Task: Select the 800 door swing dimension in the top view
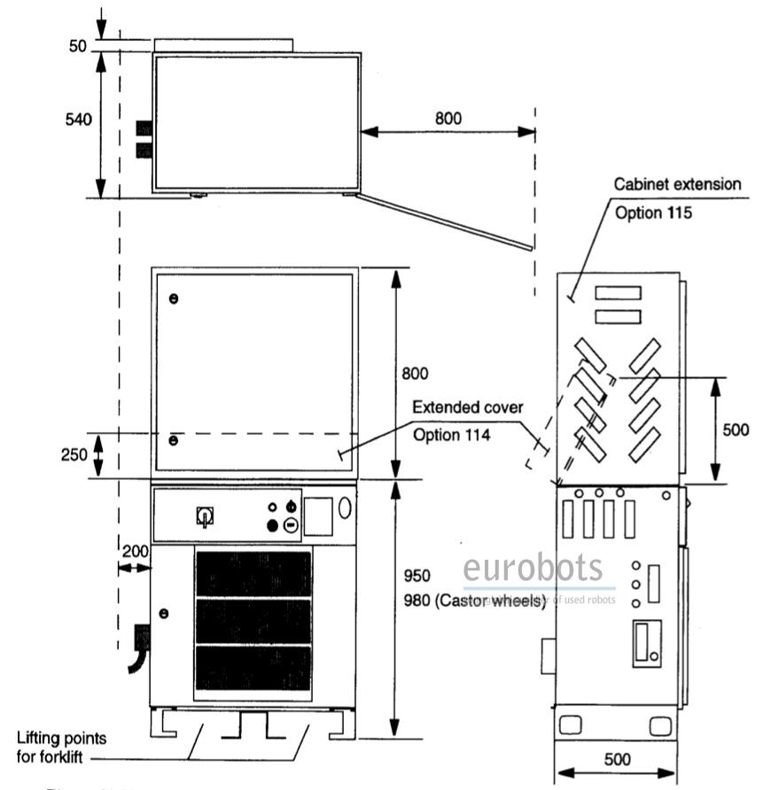[x=448, y=117]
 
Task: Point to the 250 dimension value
[x=74, y=455]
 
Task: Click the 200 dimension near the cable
[x=135, y=551]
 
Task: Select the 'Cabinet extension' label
[x=678, y=185]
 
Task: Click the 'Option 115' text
[x=654, y=213]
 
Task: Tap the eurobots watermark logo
[x=533, y=568]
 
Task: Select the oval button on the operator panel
[x=345, y=507]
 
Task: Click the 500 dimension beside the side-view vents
[x=735, y=430]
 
